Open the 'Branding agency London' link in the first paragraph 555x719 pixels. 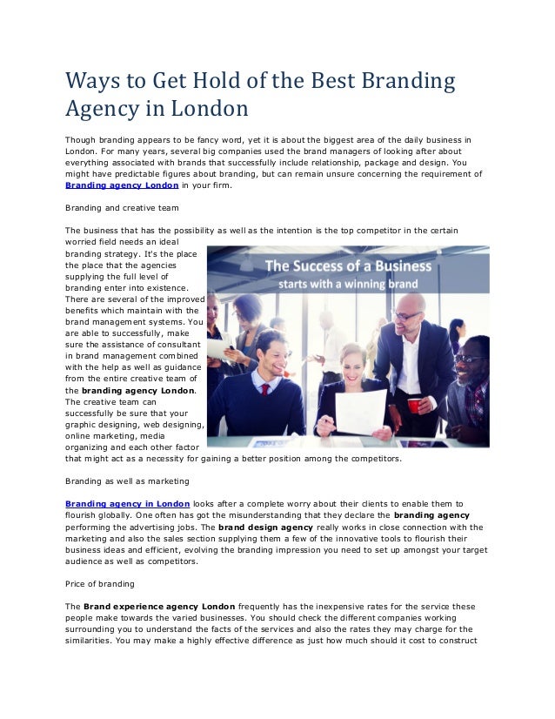tap(123, 185)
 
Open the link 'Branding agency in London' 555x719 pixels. tap(128, 503)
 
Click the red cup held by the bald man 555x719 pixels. tap(415, 405)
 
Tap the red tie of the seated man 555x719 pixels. tap(264, 389)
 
